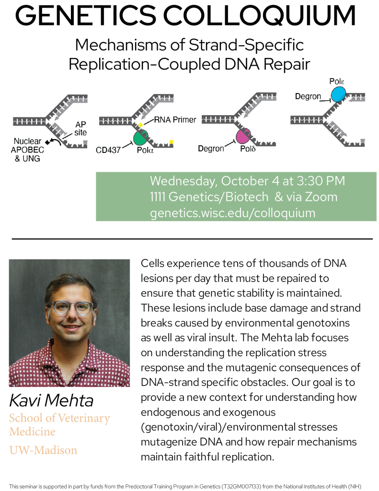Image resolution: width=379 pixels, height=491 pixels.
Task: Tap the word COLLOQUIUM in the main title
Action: point(259,16)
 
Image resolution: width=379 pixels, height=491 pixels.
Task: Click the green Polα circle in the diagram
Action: point(140,138)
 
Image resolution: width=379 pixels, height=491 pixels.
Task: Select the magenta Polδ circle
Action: point(243,136)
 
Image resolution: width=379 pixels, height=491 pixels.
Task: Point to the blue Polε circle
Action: point(338,94)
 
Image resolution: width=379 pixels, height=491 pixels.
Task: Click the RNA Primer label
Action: point(175,119)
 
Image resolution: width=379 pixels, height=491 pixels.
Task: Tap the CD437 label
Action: point(108,150)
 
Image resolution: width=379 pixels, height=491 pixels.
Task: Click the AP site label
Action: point(80,129)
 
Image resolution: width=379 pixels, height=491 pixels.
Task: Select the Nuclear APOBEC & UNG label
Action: point(27,150)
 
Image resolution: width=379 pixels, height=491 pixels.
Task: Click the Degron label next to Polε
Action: point(308,96)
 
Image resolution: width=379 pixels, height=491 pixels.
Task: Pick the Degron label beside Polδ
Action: point(211,148)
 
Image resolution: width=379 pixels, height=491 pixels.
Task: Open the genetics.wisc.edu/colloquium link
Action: point(232,213)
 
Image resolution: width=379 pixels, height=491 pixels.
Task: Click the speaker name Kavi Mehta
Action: point(51,400)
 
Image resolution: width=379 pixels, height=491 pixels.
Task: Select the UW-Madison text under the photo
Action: point(43,450)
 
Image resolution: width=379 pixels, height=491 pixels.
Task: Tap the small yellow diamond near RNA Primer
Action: point(141,125)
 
